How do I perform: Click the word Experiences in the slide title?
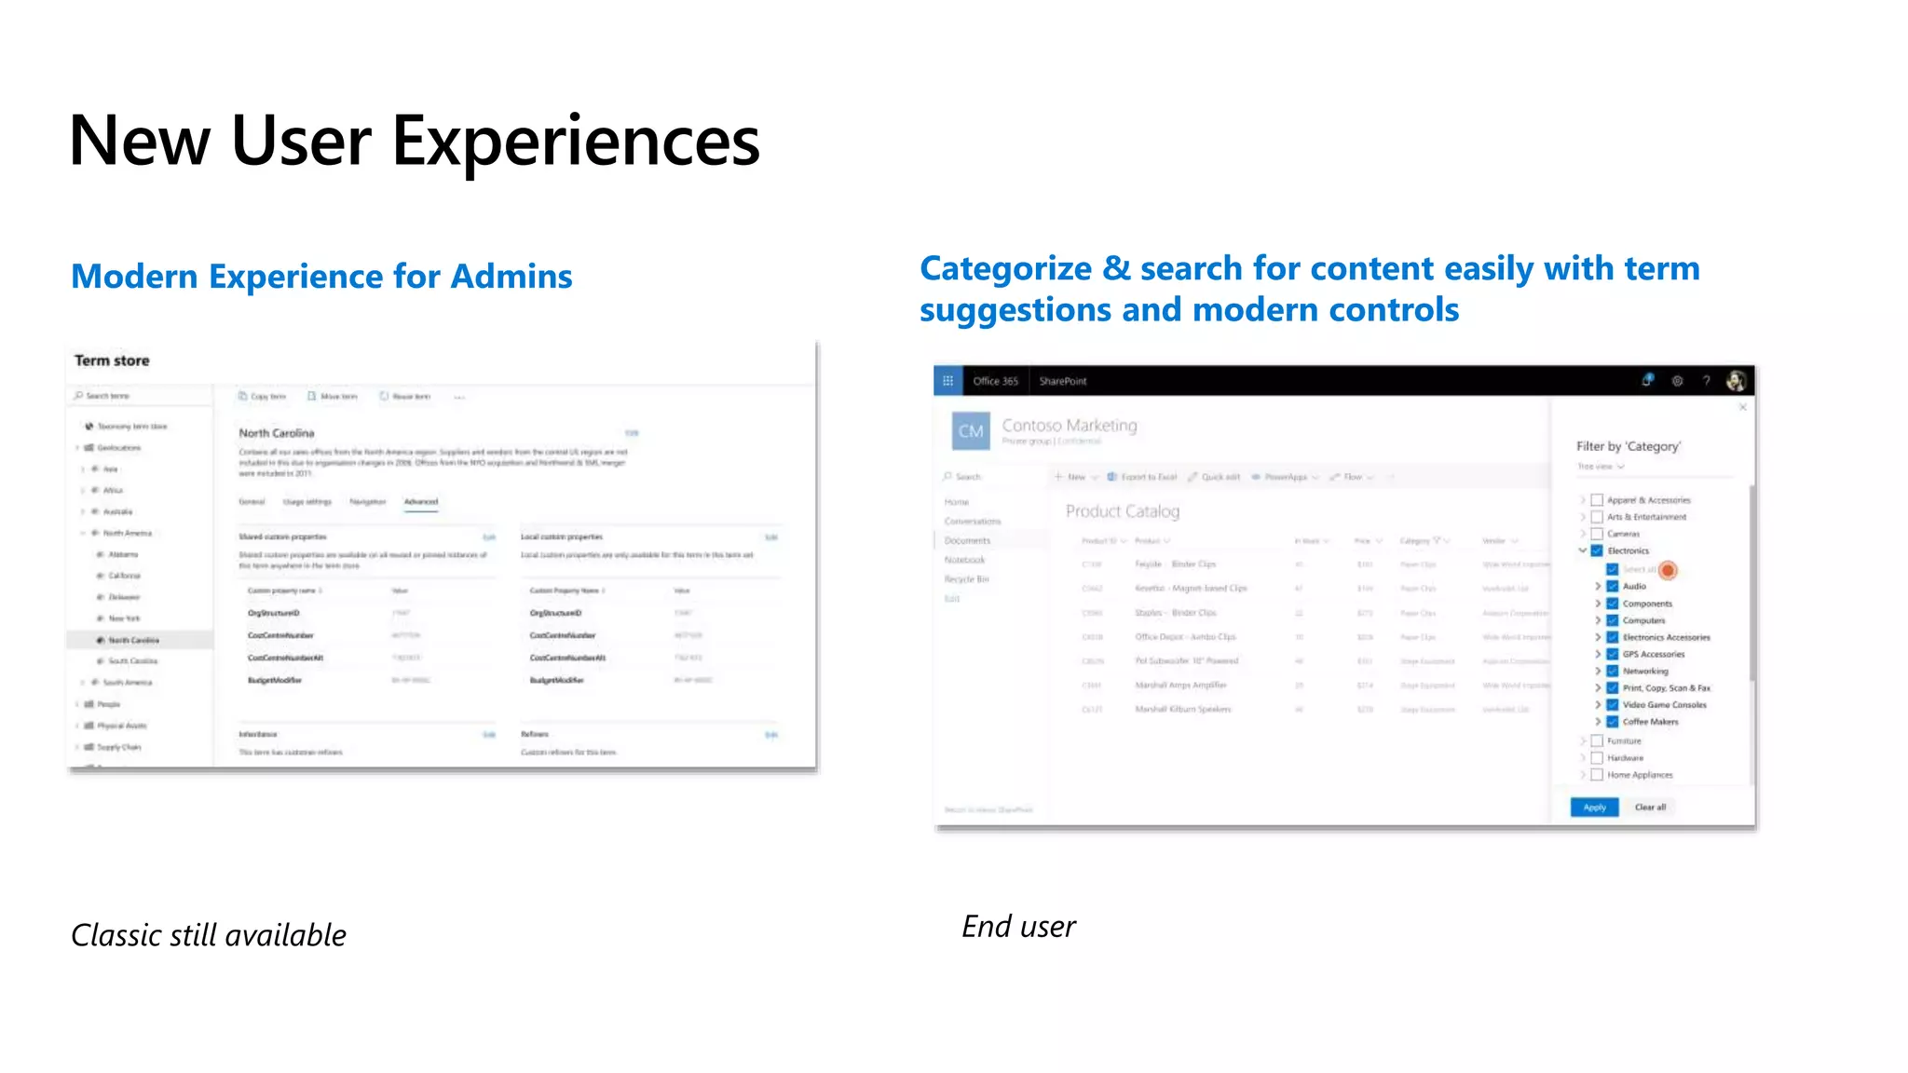pyautogui.click(x=575, y=142)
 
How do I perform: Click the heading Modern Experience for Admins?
pyautogui.click(x=321, y=277)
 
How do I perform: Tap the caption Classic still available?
pyautogui.click(x=209, y=935)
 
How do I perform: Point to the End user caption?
pyautogui.click(x=1018, y=927)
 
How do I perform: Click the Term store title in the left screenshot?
pyautogui.click(x=112, y=360)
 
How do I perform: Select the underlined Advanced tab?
pyautogui.click(x=421, y=502)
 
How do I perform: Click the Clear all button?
pyautogui.click(x=1650, y=808)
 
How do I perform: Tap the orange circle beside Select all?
pyautogui.click(x=1668, y=570)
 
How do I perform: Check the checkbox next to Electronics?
pyautogui.click(x=1597, y=550)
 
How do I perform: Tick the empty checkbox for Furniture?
pyautogui.click(x=1597, y=741)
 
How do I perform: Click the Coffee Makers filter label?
pyautogui.click(x=1650, y=722)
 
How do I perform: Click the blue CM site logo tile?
pyautogui.click(x=971, y=431)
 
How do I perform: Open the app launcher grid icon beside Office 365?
pyautogui.click(x=947, y=381)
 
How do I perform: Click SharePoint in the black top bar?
pyautogui.click(x=1063, y=381)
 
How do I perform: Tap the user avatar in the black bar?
pyautogui.click(x=1735, y=381)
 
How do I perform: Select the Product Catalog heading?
pyautogui.click(x=1122, y=511)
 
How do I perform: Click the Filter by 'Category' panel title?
pyautogui.click(x=1628, y=446)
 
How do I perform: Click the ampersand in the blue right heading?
pyautogui.click(x=1116, y=269)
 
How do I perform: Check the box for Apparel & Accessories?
pyautogui.click(x=1597, y=500)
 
